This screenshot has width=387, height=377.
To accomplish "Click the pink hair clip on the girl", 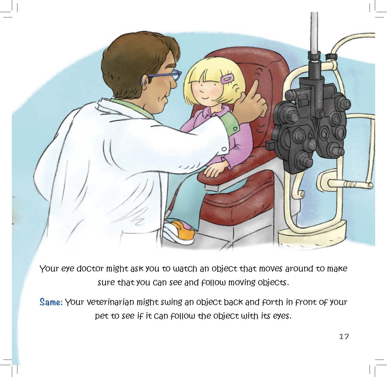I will click(227, 79).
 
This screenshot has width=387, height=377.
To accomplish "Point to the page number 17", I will click(344, 337).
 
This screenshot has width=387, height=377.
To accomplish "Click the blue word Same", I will click(51, 302).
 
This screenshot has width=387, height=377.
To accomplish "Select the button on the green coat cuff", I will click(234, 128).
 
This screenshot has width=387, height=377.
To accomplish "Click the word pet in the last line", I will click(101, 316).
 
